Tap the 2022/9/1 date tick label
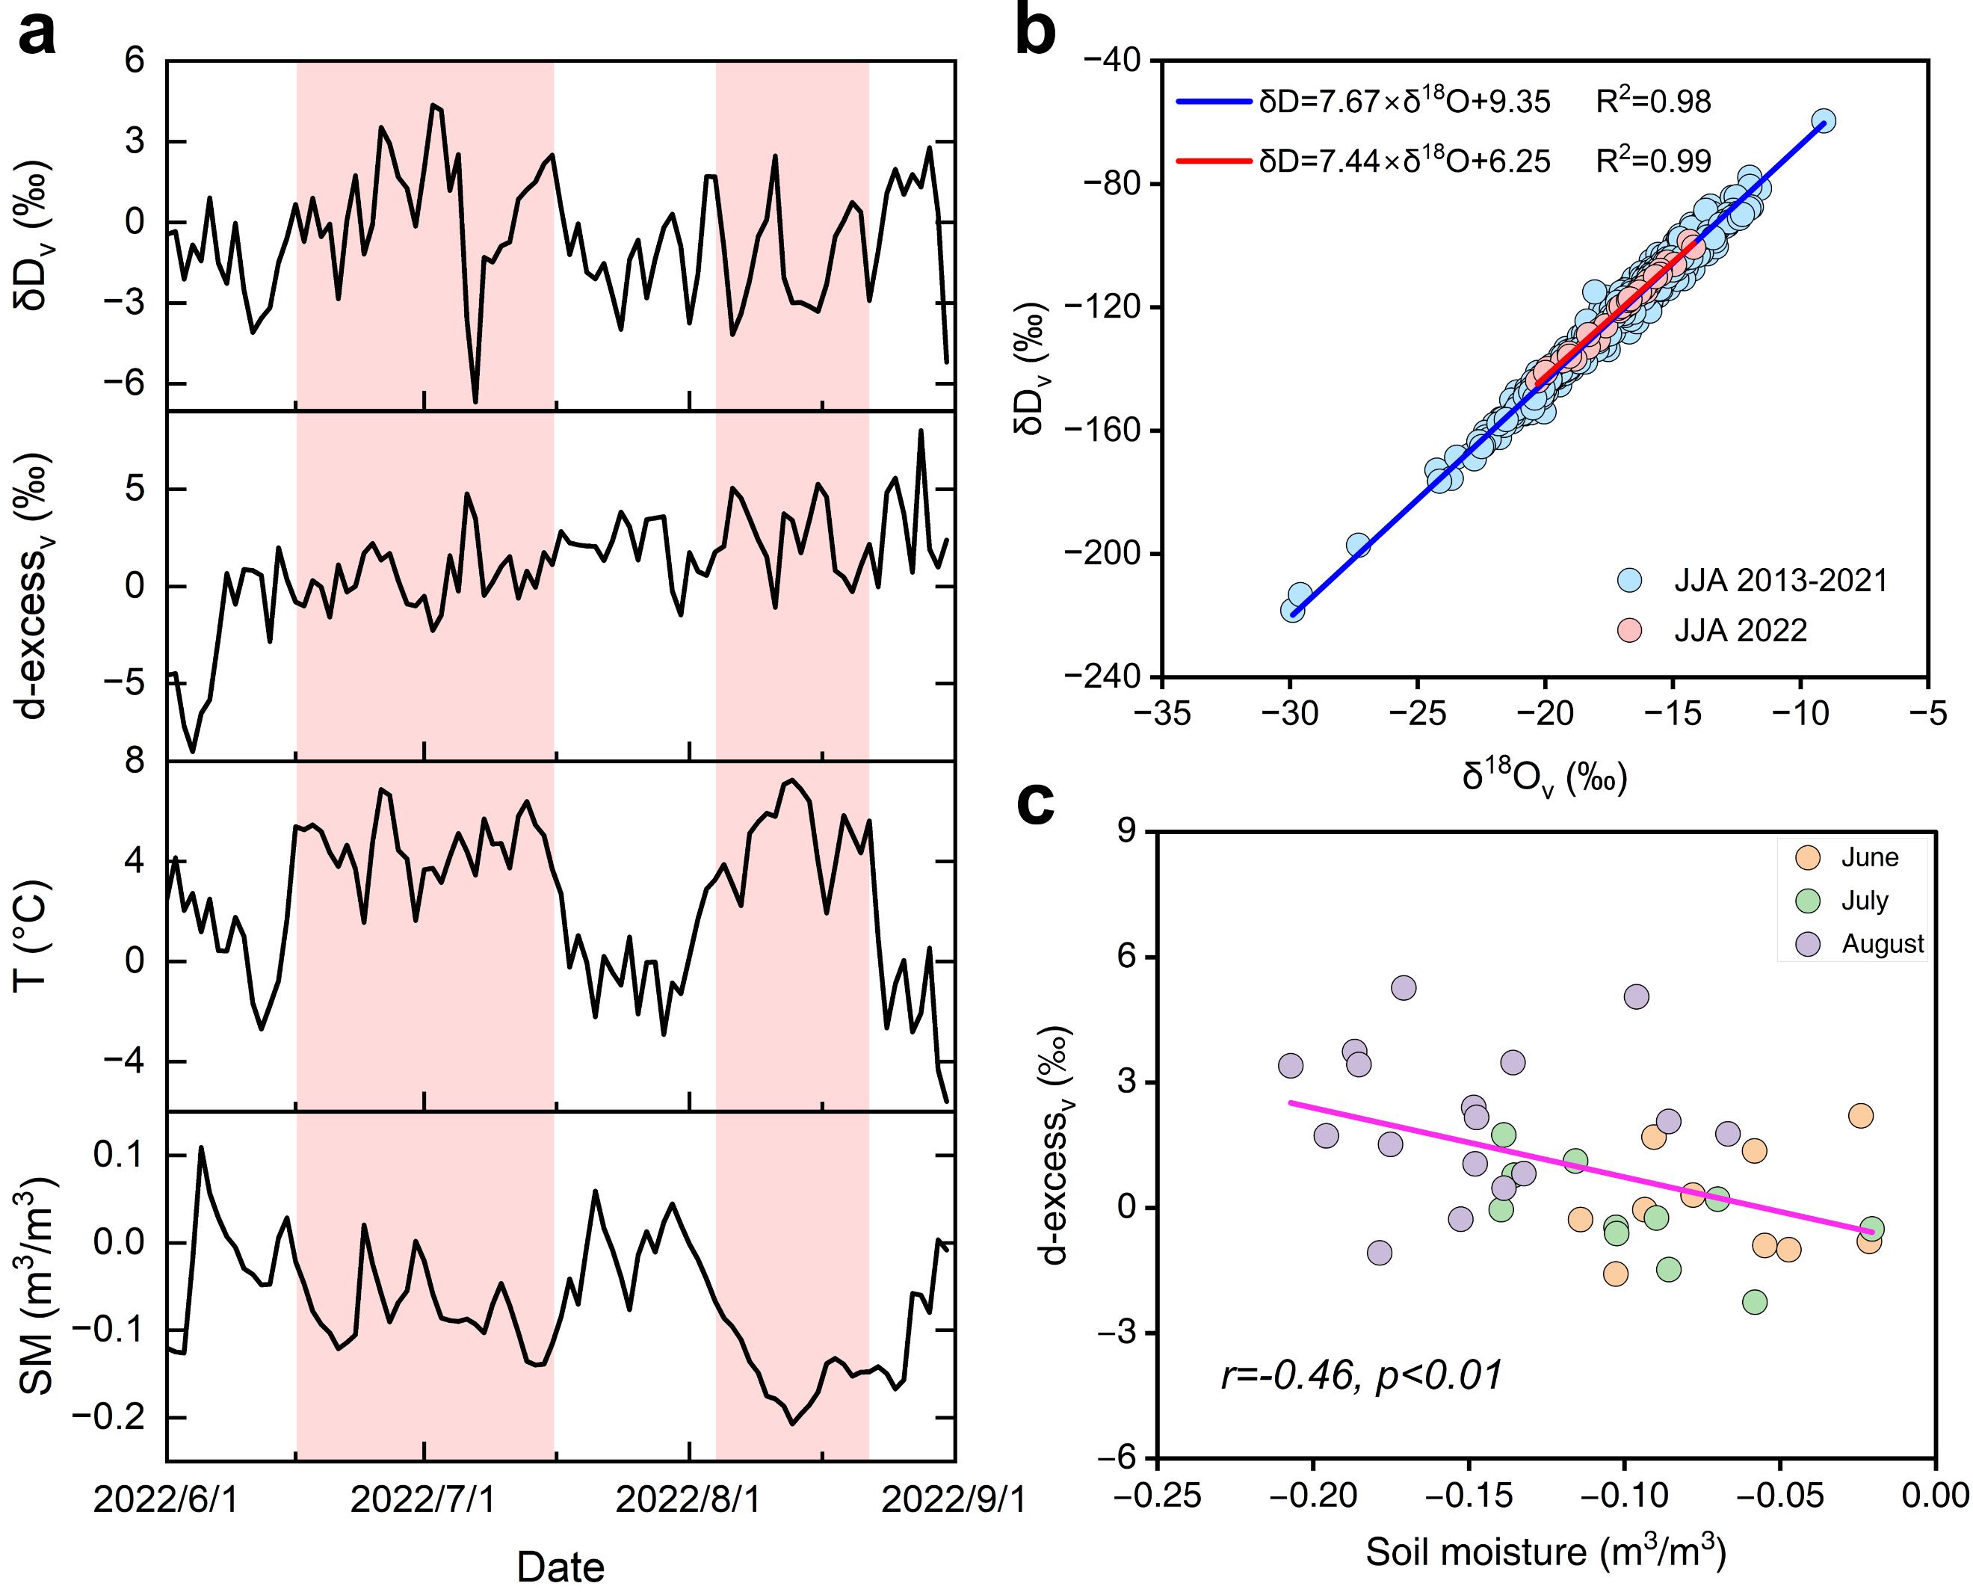954,1500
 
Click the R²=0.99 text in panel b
1653,161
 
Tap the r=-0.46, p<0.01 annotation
1361,1375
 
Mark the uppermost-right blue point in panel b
1824,120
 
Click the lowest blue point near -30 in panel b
1292,610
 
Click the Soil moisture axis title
1546,1552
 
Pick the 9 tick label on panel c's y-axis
1126,831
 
